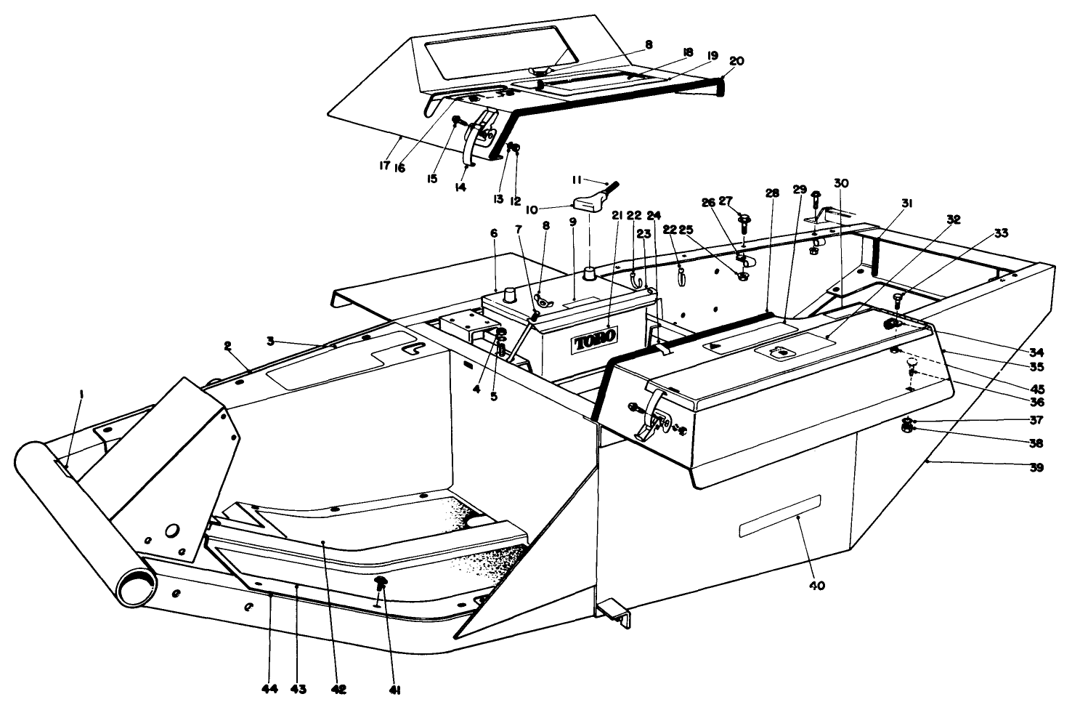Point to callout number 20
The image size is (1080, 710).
click(736, 62)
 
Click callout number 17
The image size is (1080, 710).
click(384, 165)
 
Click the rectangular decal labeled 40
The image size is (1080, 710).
click(779, 516)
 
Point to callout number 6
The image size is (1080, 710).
click(494, 233)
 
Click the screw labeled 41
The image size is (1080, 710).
click(380, 583)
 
